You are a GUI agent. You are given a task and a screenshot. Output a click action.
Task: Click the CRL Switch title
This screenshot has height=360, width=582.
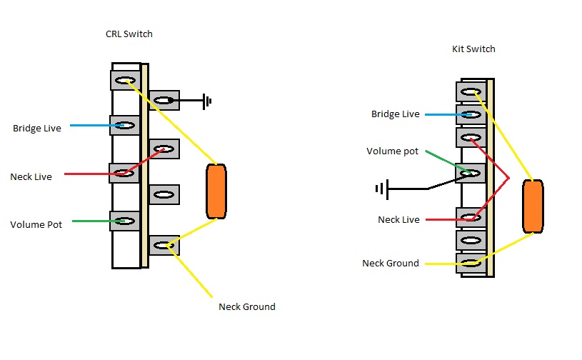click(x=129, y=34)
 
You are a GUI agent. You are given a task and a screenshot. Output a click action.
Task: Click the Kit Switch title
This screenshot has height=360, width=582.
click(x=473, y=49)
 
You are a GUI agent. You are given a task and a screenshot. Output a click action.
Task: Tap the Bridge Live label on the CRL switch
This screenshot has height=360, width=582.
click(x=36, y=129)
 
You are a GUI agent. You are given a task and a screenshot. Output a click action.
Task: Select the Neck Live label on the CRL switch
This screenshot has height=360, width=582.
click(x=31, y=176)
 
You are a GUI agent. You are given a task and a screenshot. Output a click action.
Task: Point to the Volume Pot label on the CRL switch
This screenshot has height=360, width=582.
click(x=36, y=224)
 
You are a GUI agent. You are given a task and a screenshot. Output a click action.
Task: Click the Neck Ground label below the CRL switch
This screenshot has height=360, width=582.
click(x=246, y=307)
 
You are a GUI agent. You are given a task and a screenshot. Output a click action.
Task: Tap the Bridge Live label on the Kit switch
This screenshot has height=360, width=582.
click(x=395, y=114)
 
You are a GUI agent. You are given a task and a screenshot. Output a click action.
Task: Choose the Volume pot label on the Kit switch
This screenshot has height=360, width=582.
click(x=392, y=151)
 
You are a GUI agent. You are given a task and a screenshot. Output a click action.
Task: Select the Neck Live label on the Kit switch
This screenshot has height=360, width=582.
click(x=398, y=219)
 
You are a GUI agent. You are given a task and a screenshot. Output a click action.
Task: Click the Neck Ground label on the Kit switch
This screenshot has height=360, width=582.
click(x=390, y=263)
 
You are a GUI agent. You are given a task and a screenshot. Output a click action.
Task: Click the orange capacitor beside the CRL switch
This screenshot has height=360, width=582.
click(x=216, y=191)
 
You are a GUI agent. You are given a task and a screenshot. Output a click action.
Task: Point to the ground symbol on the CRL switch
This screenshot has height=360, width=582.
click(x=207, y=101)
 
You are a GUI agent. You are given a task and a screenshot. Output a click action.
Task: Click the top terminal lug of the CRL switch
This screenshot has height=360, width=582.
click(x=124, y=79)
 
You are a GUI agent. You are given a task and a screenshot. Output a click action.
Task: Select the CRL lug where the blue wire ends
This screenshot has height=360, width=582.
click(x=124, y=126)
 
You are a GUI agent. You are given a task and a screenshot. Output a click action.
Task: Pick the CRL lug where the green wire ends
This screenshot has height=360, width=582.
click(x=124, y=221)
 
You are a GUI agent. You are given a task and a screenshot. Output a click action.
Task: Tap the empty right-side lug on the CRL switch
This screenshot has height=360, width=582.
click(x=164, y=195)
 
